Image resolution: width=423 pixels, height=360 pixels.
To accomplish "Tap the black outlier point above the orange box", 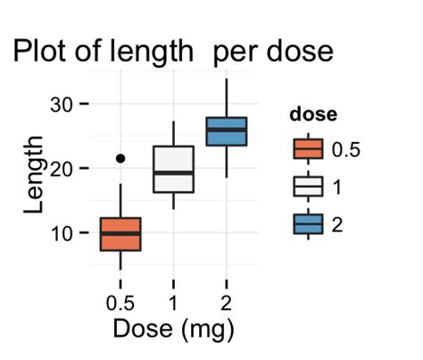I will (120, 158).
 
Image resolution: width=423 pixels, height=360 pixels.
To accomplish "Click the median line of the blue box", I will (226, 130).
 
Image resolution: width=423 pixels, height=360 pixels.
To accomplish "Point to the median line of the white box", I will (173, 172).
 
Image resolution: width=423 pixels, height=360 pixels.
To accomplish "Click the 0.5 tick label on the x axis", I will (120, 303).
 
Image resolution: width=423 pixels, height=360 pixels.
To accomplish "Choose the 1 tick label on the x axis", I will (173, 303).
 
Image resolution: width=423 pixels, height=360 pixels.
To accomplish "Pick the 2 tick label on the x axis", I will (226, 303).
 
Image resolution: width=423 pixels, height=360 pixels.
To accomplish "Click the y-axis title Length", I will (34, 174).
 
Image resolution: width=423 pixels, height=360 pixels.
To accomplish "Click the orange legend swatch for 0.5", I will (308, 149).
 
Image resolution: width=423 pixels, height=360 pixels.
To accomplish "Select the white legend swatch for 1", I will (308, 187).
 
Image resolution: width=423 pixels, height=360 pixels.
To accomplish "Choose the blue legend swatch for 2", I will (308, 224).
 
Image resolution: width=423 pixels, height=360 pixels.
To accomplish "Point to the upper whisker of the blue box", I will (226, 98).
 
